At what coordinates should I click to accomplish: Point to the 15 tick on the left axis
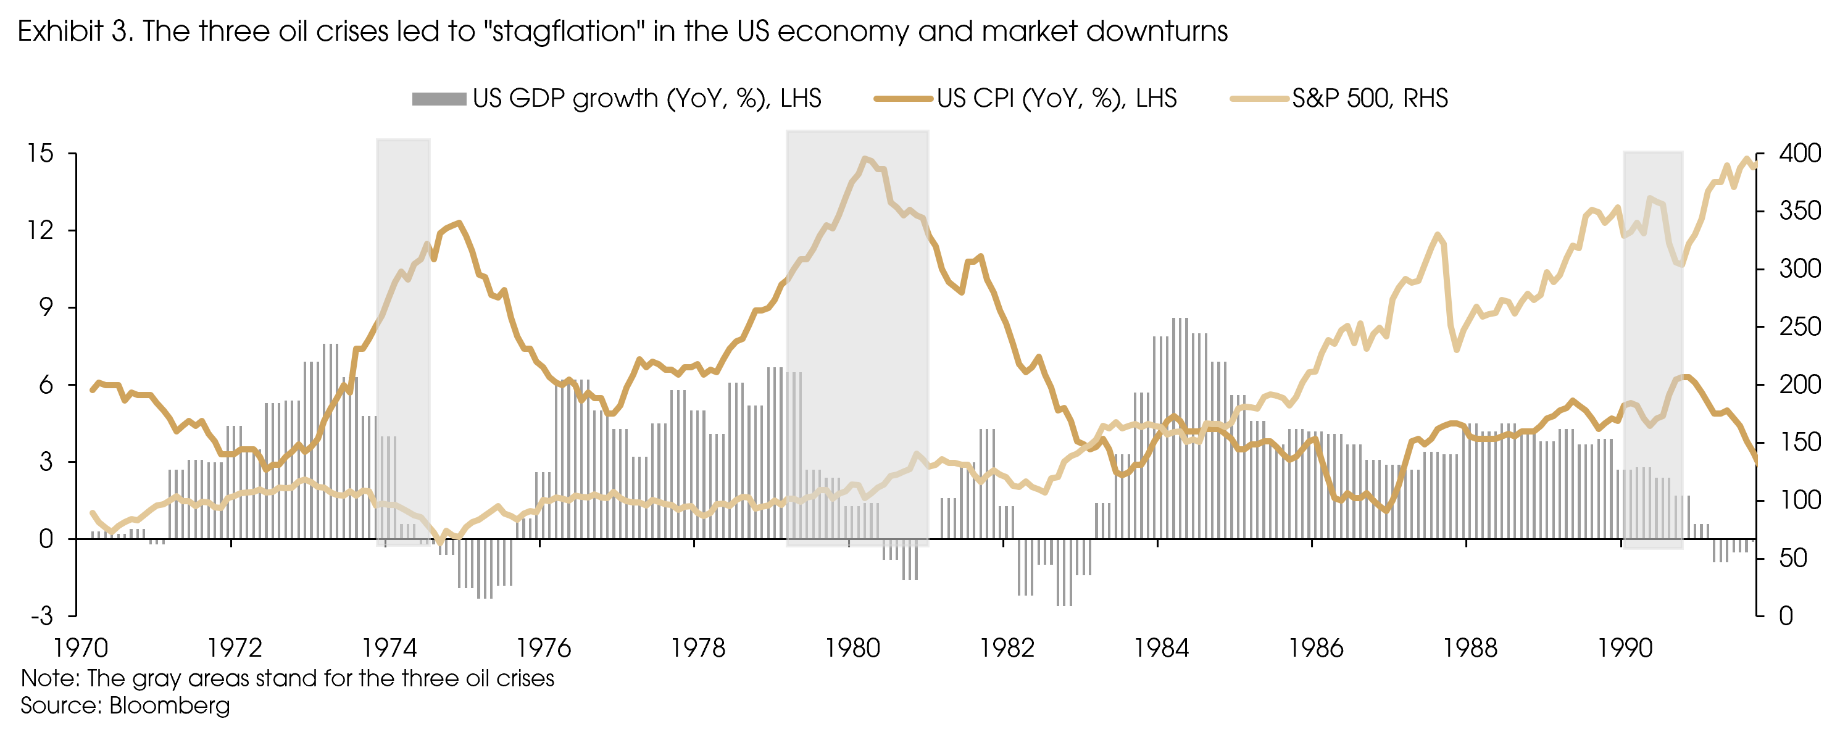(x=40, y=153)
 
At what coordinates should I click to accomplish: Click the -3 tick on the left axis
(x=41, y=615)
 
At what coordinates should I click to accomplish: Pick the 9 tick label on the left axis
(x=46, y=307)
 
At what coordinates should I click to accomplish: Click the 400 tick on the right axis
(x=1799, y=153)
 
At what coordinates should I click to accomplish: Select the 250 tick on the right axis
(x=1799, y=326)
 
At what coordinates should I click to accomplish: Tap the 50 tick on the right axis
(x=1793, y=558)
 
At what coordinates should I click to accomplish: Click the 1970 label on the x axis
(x=81, y=647)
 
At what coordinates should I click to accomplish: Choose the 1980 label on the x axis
(x=853, y=647)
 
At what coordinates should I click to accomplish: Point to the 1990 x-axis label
(x=1625, y=647)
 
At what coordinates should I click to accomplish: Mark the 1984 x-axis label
(x=1162, y=647)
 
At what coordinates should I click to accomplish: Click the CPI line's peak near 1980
(x=865, y=159)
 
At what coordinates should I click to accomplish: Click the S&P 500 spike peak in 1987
(x=1437, y=235)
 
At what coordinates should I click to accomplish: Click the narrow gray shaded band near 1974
(x=403, y=343)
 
